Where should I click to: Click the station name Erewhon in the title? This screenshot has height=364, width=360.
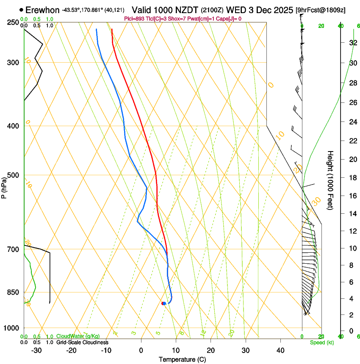click(x=42, y=9)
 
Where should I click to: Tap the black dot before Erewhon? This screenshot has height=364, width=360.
click(x=21, y=9)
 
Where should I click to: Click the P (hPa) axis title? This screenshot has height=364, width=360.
click(x=4, y=188)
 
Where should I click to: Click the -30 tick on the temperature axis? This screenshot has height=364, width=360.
click(x=36, y=350)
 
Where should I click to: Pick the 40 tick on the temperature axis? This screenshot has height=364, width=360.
click(x=280, y=350)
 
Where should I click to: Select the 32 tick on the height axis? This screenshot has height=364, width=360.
click(x=352, y=43)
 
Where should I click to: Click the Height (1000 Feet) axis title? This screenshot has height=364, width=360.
click(x=330, y=180)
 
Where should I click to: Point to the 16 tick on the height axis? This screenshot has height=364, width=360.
click(x=352, y=196)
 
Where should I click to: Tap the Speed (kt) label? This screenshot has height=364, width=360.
click(x=321, y=342)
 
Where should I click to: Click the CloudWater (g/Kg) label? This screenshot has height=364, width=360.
click(x=78, y=336)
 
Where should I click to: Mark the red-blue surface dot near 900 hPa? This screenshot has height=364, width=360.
click(x=163, y=303)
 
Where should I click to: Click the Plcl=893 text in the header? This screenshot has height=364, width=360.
click(x=134, y=19)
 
